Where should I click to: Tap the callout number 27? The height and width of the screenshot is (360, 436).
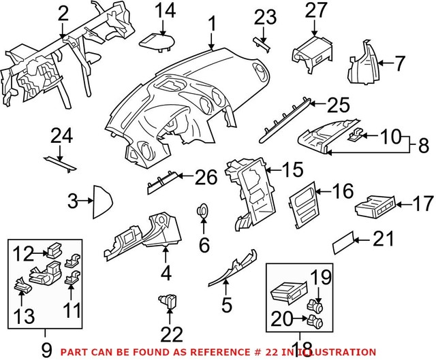315,10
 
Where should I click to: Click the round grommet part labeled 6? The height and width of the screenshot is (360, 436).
204,211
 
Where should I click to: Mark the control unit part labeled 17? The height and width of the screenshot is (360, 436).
377,206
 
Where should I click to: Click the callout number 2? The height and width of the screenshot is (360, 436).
63,12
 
